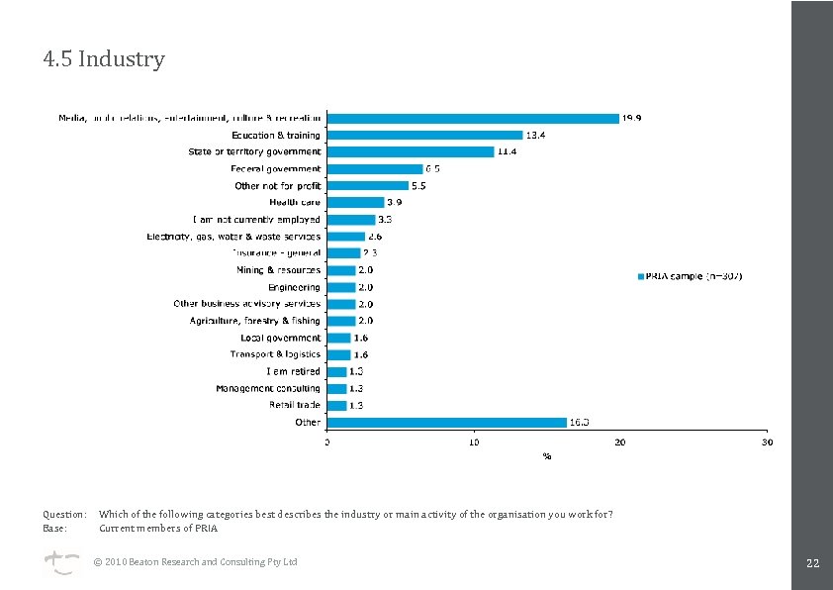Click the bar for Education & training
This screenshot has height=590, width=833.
(x=424, y=135)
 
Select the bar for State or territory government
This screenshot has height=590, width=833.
(x=410, y=151)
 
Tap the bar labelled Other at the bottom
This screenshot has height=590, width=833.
(x=446, y=422)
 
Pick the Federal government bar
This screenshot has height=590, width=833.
(x=374, y=168)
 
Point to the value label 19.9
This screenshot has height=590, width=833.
(x=632, y=118)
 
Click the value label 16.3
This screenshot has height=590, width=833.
(x=580, y=422)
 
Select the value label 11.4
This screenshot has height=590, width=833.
(x=507, y=151)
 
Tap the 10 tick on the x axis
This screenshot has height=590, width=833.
(x=474, y=442)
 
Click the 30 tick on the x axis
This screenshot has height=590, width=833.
(x=767, y=442)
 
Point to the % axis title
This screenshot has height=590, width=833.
(x=546, y=456)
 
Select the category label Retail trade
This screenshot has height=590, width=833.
(x=295, y=405)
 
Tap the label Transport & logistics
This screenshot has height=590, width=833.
(x=276, y=354)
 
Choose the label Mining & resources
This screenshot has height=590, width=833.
(x=278, y=269)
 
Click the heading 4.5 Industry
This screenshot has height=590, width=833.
(x=104, y=59)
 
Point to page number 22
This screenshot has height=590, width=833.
(x=812, y=563)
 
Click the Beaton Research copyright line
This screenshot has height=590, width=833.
(x=195, y=562)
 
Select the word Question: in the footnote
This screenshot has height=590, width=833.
(x=64, y=514)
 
